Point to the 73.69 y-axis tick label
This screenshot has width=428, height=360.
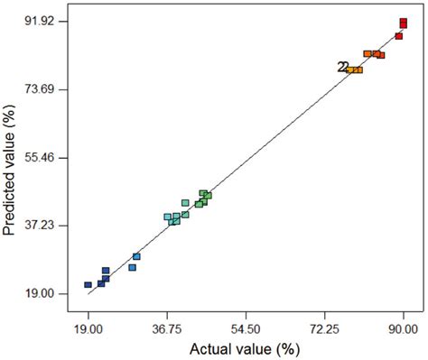coord(35,89)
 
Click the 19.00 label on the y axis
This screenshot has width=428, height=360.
coord(35,294)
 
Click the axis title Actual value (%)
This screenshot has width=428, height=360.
coord(244,348)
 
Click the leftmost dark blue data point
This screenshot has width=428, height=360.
coord(88,285)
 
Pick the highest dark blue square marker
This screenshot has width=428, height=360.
coord(106,271)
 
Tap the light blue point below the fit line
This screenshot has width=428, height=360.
coord(132,268)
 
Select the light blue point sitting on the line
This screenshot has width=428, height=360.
coord(136,257)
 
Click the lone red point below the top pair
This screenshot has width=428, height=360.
coord(398,36)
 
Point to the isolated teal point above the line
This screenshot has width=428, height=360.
coord(185,203)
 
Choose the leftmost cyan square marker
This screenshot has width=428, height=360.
coord(167,217)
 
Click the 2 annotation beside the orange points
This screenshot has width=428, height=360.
coord(342,67)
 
